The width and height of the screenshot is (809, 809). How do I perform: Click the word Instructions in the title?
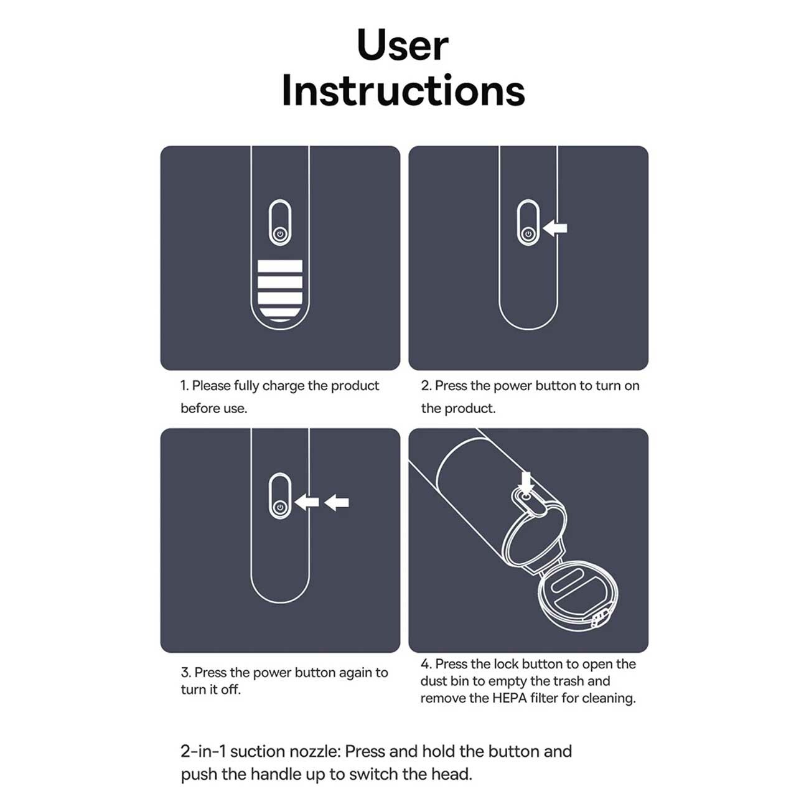403,90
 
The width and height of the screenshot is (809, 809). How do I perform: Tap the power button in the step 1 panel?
280,234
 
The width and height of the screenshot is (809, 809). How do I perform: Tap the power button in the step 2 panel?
528,234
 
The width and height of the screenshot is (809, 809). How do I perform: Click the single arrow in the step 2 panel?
555,228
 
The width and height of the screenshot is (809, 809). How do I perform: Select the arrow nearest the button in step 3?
307,502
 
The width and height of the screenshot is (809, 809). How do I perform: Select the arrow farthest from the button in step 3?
337,502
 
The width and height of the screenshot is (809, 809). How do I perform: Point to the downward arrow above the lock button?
525,482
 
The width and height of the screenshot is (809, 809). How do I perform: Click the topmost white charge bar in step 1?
280,266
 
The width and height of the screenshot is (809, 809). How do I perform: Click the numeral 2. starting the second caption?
426,386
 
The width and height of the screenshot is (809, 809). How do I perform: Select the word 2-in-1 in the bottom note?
203,751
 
